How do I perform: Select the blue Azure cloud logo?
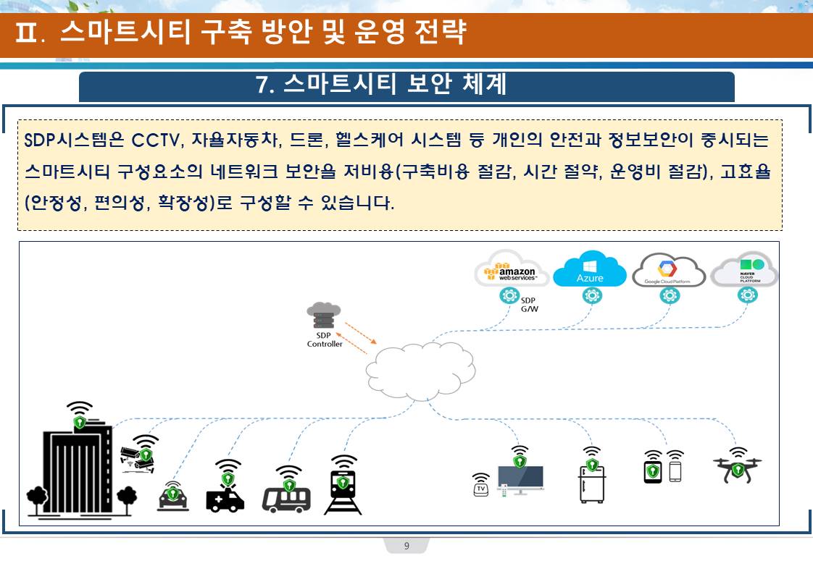tap(590, 271)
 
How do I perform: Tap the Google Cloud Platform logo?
tap(669, 271)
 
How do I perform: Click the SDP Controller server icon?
tap(324, 316)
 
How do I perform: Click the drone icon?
tap(737, 468)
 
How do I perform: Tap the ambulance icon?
tap(225, 497)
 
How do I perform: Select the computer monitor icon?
tap(520, 480)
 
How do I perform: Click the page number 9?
tap(406, 546)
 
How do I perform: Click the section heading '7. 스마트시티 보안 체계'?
tap(381, 85)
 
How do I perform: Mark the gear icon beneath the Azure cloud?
tap(591, 295)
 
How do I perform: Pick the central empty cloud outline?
tap(420, 368)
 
